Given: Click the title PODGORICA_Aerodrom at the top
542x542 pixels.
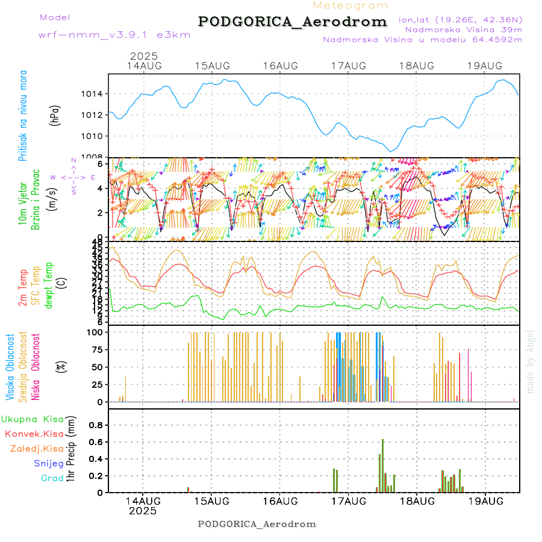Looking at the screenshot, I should click(292, 22).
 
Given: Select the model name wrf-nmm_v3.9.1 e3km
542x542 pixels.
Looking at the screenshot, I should click(114, 35).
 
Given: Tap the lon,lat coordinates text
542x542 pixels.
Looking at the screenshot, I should click(460, 19).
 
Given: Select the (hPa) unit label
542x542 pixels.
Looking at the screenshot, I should click(54, 115).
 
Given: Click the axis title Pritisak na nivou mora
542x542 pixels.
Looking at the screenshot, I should click(23, 115).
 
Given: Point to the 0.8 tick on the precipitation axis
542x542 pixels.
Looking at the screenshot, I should click(95, 425).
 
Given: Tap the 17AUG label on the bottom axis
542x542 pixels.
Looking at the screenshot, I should click(349, 500).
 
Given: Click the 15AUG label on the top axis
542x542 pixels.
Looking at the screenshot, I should click(212, 66).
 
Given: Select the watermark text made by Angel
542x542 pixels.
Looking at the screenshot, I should click(531, 361).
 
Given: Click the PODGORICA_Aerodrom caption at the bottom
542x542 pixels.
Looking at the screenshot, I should click(257, 524).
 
